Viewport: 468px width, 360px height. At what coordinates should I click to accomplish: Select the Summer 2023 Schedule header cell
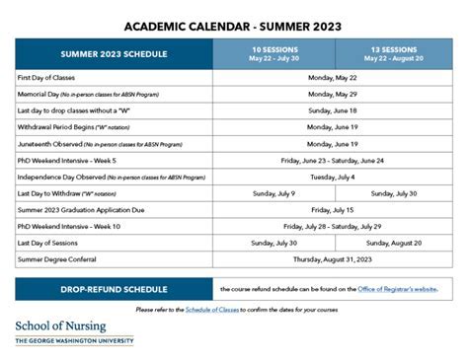[114, 53]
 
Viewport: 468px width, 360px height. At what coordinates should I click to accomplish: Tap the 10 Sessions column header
[273, 53]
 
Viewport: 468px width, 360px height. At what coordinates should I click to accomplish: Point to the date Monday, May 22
[333, 77]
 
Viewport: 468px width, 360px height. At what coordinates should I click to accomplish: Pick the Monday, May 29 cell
[333, 94]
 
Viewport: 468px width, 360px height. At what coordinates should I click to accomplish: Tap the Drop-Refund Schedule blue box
[114, 289]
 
